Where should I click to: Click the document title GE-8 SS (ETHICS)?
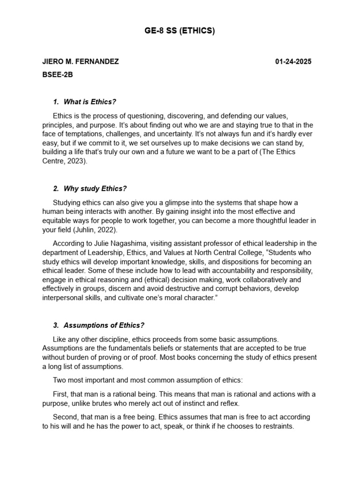[x=180, y=31]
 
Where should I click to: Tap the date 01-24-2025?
[x=293, y=62]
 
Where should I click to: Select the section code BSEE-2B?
[x=58, y=75]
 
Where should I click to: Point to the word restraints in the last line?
[x=277, y=426]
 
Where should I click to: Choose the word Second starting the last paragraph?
[x=66, y=417]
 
